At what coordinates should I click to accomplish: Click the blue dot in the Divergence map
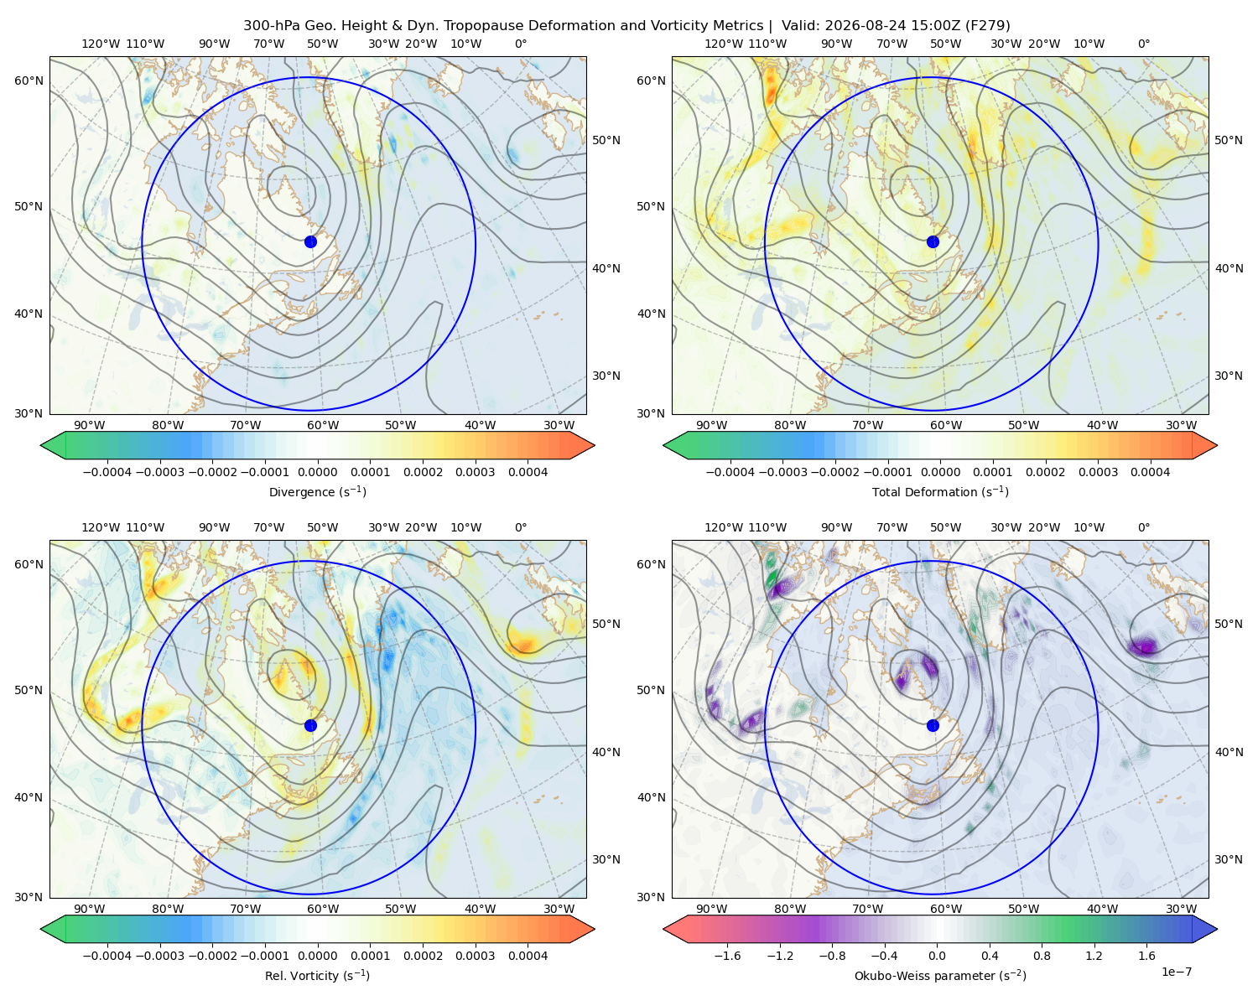click(310, 241)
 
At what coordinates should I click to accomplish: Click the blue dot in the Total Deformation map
click(933, 241)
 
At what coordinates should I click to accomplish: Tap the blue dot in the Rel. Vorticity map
click(310, 725)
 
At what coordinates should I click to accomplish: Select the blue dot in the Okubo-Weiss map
click(933, 725)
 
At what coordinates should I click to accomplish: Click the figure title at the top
click(626, 26)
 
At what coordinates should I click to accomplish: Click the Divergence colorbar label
click(317, 491)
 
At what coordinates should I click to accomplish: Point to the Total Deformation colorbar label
click(940, 491)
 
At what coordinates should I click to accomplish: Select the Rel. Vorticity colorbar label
click(317, 975)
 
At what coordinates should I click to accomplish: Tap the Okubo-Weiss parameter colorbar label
click(940, 975)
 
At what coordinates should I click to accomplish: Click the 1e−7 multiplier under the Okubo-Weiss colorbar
click(1176, 972)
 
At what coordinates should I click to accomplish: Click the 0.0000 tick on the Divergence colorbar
click(317, 472)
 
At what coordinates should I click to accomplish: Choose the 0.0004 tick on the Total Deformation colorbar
click(1150, 472)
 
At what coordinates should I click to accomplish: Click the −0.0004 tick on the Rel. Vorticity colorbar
click(107, 955)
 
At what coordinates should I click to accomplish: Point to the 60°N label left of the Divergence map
click(29, 80)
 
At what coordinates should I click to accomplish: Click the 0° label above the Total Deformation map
click(1143, 44)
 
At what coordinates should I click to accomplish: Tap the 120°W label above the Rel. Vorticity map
click(101, 527)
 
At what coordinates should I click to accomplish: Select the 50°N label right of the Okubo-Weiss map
click(1229, 624)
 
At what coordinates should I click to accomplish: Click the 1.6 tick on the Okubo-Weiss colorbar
click(1146, 955)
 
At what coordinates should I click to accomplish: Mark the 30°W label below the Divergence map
click(559, 425)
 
